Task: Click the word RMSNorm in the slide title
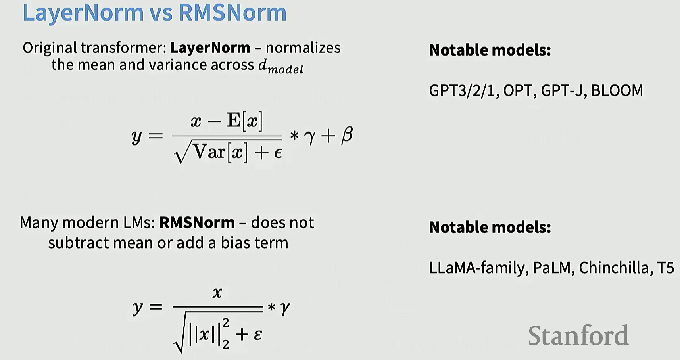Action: (x=232, y=13)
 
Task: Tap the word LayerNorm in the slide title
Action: (x=83, y=13)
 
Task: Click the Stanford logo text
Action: (x=578, y=335)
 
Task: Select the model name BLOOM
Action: (x=617, y=91)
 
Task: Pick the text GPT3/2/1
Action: (x=463, y=91)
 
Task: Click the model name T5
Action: (x=666, y=268)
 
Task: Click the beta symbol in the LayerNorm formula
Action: (x=347, y=135)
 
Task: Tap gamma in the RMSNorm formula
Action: (x=285, y=308)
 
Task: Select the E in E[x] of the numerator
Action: (x=234, y=120)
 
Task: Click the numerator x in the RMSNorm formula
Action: (x=217, y=293)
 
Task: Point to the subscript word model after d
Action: (x=286, y=69)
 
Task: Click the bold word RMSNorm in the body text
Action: (x=197, y=223)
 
